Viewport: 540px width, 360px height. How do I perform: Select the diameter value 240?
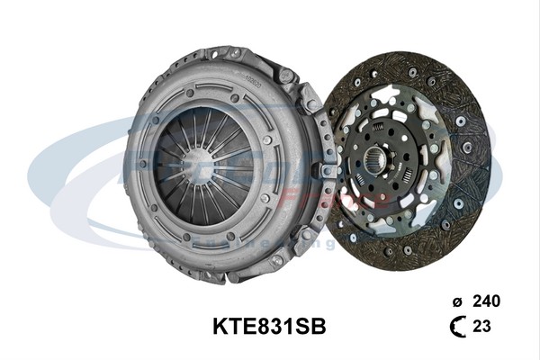coord(485,301)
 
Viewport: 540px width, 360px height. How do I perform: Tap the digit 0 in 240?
coord(495,301)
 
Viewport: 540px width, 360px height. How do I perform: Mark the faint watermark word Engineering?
coord(270,243)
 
